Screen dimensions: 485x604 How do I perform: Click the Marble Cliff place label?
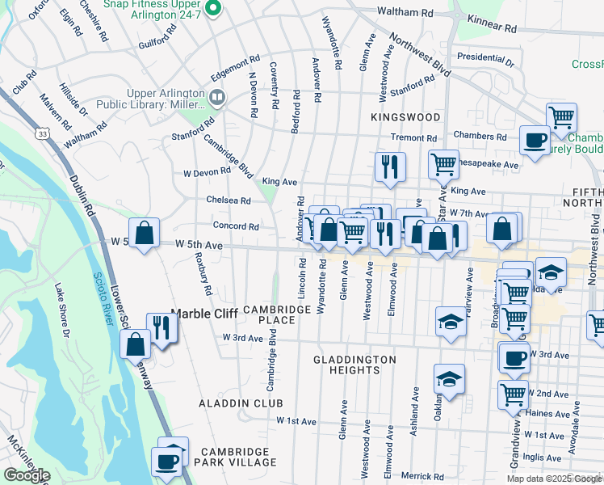point(205,314)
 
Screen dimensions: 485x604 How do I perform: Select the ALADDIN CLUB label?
point(241,403)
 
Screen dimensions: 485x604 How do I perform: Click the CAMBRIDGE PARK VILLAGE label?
point(238,457)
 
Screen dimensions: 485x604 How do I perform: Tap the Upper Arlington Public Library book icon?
point(216,98)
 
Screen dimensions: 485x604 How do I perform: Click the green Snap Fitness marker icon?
point(213,9)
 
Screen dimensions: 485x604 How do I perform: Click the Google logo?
point(27,475)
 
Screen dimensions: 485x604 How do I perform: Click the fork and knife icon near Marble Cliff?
point(164,327)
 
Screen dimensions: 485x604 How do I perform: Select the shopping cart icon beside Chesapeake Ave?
point(443,164)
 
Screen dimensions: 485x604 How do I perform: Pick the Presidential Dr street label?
point(484,58)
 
